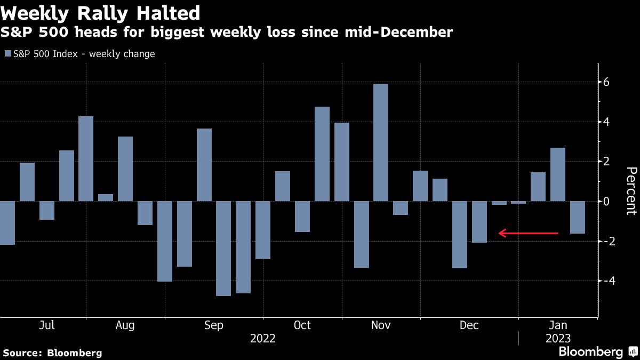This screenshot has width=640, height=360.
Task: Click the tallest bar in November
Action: tap(381, 142)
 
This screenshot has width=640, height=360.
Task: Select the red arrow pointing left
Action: tap(528, 233)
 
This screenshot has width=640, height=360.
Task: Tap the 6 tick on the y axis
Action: tap(606, 82)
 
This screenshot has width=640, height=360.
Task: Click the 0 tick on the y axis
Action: tap(606, 201)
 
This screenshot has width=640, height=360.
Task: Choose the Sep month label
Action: tap(214, 325)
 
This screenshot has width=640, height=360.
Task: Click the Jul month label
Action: tap(47, 325)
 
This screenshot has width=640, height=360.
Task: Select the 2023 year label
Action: tap(557, 339)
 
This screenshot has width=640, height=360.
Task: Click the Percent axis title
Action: tap(631, 190)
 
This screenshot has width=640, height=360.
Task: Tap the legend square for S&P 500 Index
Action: tap(7, 54)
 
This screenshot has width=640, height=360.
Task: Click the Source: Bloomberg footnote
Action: tap(52, 353)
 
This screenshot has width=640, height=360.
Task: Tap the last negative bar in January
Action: tap(578, 217)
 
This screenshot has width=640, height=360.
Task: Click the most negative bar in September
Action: tap(223, 248)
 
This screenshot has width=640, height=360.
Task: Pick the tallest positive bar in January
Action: tap(558, 174)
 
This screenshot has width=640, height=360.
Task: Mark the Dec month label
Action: tap(469, 325)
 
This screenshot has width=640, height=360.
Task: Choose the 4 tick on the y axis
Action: tap(606, 122)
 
